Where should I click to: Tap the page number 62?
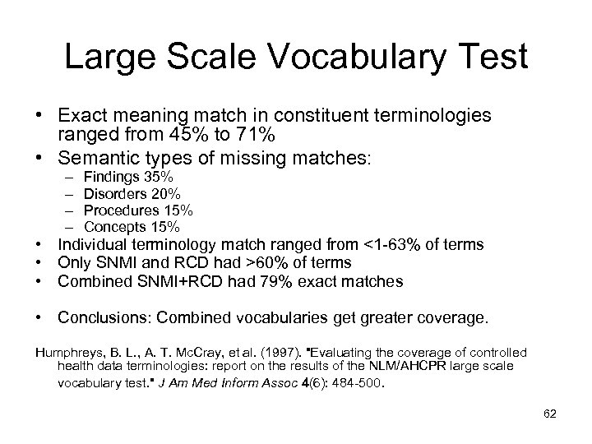[550, 414]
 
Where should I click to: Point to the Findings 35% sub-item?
[127, 177]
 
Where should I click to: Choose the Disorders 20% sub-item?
[132, 193]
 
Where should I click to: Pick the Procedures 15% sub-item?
[137, 210]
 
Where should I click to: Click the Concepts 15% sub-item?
[132, 226]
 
